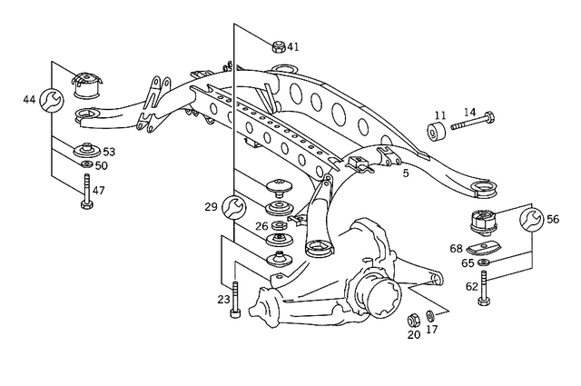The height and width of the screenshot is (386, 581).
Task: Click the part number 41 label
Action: click(293, 46)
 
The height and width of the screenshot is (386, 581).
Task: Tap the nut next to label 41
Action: click(278, 45)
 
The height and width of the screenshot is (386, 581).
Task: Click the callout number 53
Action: click(109, 152)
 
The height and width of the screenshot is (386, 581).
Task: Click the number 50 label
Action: click(101, 166)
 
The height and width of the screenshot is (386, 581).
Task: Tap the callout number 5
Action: click(406, 171)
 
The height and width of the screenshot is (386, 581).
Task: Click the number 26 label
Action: click(261, 226)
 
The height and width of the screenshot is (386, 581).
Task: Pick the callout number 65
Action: click(468, 262)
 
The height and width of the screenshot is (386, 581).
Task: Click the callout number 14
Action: click(469, 112)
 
